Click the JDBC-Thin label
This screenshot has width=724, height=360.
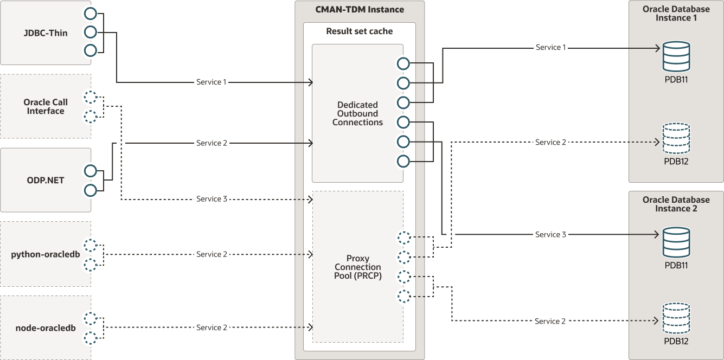tap(46, 33)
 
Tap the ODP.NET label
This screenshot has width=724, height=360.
tap(46, 180)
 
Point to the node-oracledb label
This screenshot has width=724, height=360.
tap(46, 327)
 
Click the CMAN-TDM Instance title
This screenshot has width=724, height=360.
tap(360, 9)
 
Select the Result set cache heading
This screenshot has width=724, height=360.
tap(359, 31)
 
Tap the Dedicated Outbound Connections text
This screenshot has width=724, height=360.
tap(357, 113)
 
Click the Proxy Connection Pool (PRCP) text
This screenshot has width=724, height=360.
tap(357, 267)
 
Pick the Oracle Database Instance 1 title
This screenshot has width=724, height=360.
tap(676, 13)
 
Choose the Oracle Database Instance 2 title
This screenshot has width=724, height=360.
tap(676, 204)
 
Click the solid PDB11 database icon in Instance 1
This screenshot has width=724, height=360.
tap(676, 56)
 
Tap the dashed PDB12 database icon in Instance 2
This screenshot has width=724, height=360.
tap(676, 318)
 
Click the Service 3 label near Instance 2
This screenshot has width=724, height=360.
tap(550, 234)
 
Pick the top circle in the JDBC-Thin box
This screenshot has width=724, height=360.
tap(90, 14)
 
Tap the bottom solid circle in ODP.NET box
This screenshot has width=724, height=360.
tap(90, 190)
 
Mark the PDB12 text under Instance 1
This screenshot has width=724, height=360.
tap(676, 161)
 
